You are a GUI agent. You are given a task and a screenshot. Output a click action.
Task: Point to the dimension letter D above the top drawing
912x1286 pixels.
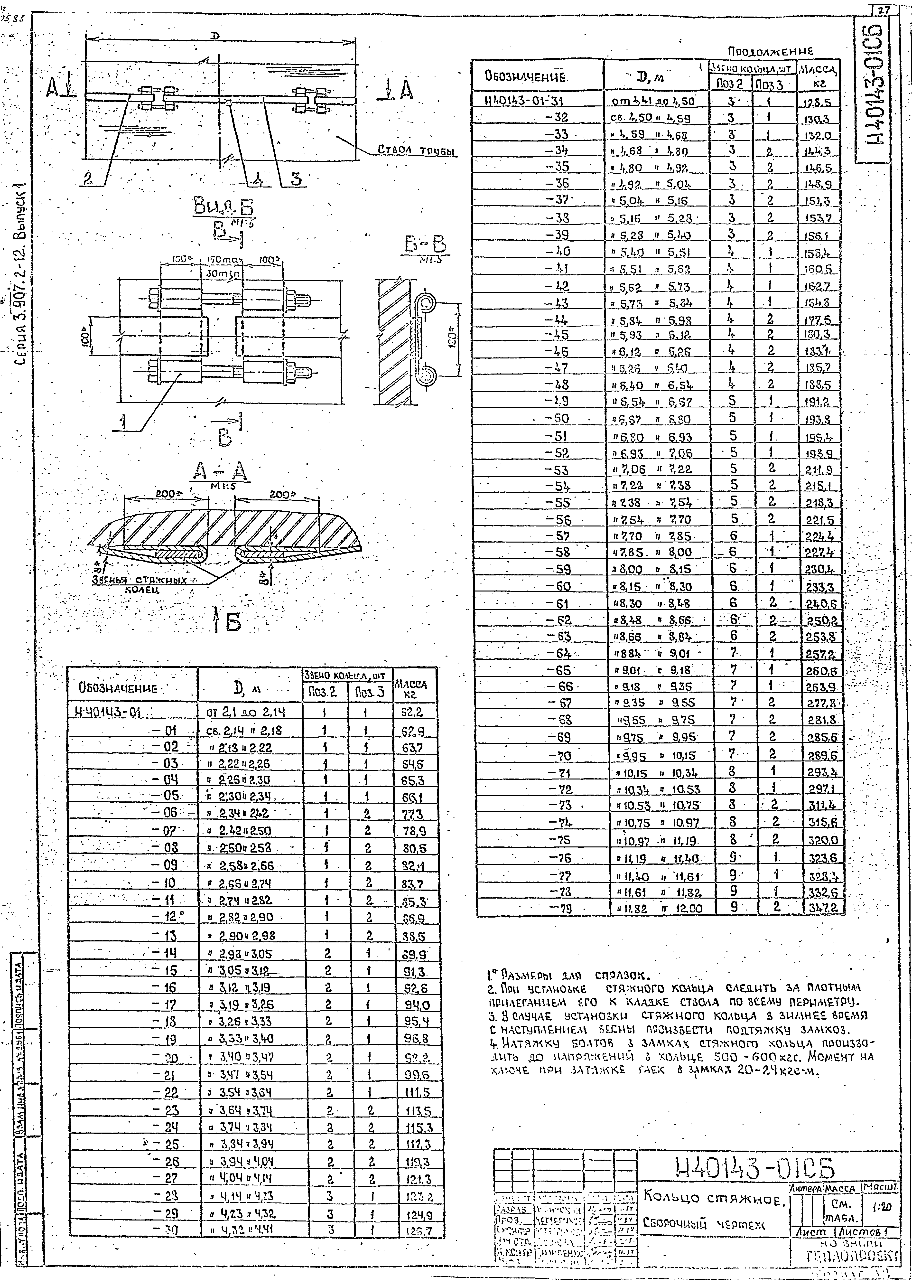[215, 35]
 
